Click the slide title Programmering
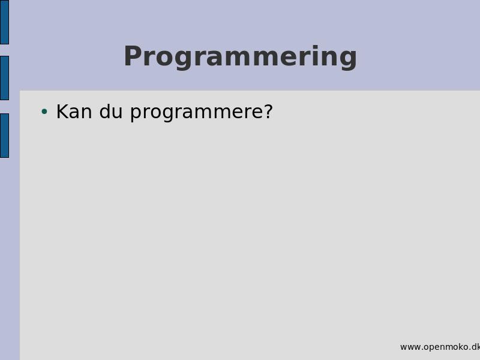pos(241,57)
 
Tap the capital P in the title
pos(133,56)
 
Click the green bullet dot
pos(44,112)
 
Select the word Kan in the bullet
pos(74,112)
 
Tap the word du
pos(111,112)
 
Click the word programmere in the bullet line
pos(196,113)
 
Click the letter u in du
pos(118,113)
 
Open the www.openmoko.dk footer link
pos(440,347)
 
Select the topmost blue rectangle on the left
pos(4,22)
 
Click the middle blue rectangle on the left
pos(4,78)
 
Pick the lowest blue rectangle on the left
pos(4,136)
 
